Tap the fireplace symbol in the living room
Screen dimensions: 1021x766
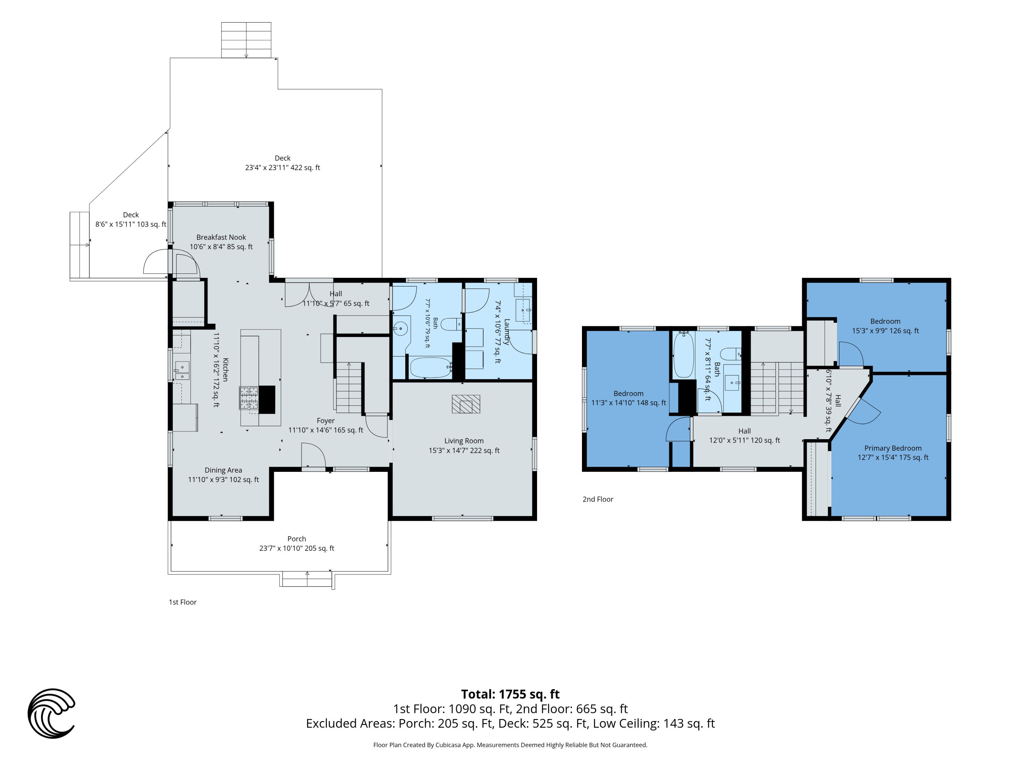pyautogui.click(x=466, y=404)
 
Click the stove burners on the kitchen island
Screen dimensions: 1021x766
pyautogui.click(x=248, y=398)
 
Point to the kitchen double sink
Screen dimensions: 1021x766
pyautogui.click(x=182, y=370)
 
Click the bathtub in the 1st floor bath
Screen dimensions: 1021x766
pyautogui.click(x=431, y=368)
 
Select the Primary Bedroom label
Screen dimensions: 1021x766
pyautogui.click(x=893, y=452)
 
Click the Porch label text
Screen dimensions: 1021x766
pyautogui.click(x=296, y=543)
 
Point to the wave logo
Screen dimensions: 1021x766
pyautogui.click(x=51, y=713)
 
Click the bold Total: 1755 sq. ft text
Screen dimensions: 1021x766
pyautogui.click(x=510, y=694)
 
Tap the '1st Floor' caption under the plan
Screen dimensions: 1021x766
pyautogui.click(x=182, y=602)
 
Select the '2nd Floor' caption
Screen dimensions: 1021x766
pyautogui.click(x=598, y=499)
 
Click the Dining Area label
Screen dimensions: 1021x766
pyautogui.click(x=223, y=475)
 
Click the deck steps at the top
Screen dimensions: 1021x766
pyautogui.click(x=246, y=40)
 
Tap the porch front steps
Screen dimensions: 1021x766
pyautogui.click(x=307, y=579)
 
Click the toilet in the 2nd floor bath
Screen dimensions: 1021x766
pyautogui.click(x=731, y=354)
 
